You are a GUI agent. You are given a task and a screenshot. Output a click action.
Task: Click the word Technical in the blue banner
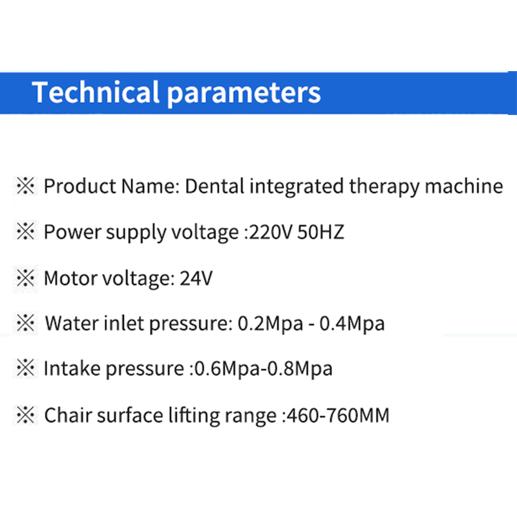96,92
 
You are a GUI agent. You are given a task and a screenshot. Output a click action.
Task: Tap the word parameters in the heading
244,94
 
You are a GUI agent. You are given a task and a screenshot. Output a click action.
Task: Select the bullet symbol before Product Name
25,186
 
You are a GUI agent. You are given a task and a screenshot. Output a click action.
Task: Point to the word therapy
384,187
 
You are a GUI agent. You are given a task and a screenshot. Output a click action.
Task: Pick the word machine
463,186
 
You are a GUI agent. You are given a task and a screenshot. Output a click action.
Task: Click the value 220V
271,232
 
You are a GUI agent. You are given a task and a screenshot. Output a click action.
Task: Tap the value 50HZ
321,232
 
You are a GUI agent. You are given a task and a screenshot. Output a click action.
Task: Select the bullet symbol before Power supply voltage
25,231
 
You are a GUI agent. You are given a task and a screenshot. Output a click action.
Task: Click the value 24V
196,279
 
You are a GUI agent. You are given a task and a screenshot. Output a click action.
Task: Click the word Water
72,323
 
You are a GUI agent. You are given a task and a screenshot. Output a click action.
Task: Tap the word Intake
72,368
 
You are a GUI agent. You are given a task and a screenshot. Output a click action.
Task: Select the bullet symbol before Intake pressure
25,368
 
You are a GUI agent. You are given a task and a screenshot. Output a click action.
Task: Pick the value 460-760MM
338,415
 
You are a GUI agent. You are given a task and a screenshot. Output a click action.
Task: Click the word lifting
194,416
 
